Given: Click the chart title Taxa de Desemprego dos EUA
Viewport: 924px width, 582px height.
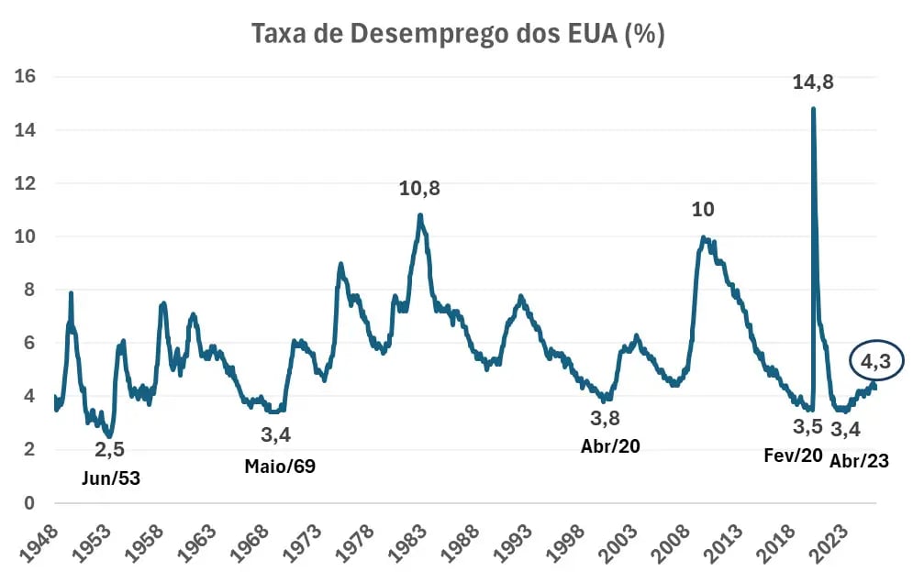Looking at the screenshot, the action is (458, 33).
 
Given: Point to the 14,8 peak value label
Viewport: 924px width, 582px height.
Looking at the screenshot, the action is (813, 82).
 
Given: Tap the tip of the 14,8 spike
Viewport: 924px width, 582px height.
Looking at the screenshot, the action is (813, 108).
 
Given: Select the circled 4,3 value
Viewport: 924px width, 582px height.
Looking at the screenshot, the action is (876, 361).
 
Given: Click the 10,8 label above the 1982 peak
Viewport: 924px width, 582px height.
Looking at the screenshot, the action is (419, 188).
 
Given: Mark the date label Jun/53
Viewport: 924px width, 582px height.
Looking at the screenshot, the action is (111, 478).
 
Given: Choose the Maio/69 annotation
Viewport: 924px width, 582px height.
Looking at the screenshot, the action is (280, 467).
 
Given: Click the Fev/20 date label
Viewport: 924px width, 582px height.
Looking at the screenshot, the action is (793, 455).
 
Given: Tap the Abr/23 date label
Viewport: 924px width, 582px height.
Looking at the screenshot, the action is (859, 460).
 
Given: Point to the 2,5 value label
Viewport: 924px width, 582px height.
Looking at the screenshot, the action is (109, 450).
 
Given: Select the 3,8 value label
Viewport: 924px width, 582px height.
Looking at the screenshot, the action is (606, 419).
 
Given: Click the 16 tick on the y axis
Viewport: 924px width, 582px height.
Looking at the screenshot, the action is (26, 76).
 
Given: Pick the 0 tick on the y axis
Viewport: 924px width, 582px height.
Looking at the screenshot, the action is (28, 503).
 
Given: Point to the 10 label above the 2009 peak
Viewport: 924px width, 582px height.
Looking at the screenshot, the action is (703, 209).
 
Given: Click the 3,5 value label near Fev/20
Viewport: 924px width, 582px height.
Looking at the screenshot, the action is (807, 426).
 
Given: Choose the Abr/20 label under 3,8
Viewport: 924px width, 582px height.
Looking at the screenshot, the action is (610, 446).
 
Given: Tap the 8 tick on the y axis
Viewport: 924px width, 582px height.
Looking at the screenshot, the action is (28, 290).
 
